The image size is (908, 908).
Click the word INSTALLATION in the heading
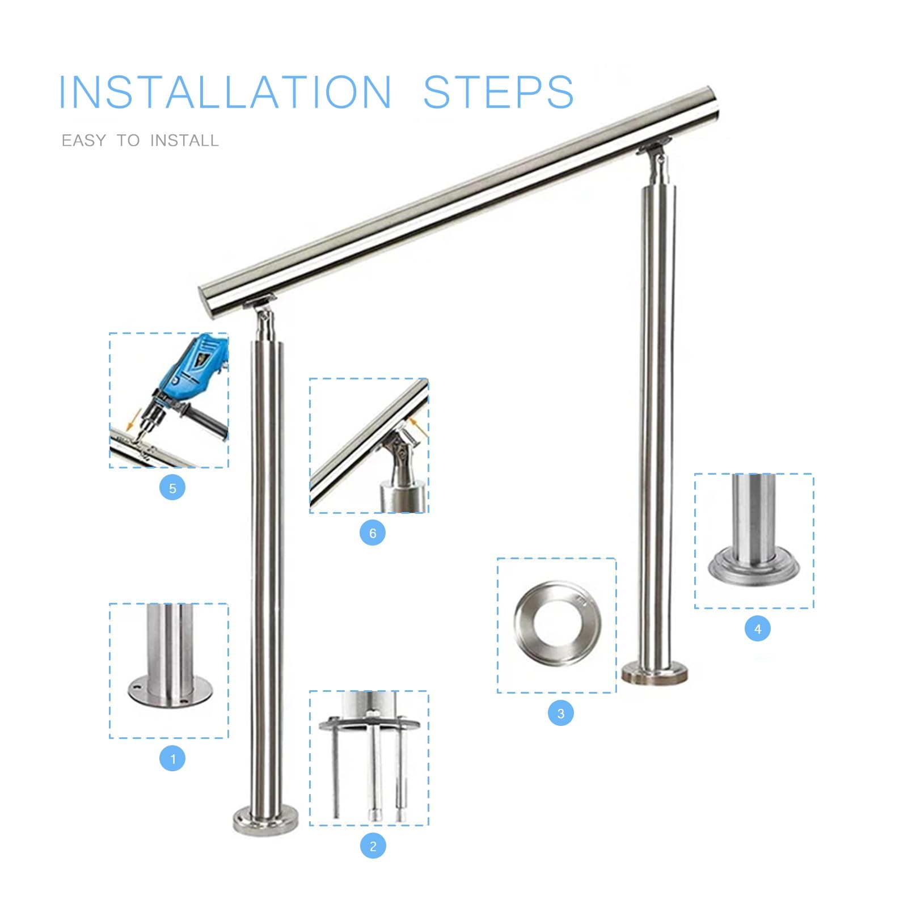225,92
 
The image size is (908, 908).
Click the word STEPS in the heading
499,92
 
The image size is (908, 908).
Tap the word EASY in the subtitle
84,141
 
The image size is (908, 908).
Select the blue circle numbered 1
172,758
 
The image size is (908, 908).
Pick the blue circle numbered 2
373,846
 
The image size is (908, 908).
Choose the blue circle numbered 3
561,713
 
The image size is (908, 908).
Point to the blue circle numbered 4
758,628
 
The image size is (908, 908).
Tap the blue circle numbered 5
172,488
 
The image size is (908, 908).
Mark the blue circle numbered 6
373,533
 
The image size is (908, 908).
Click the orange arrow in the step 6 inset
416,426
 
